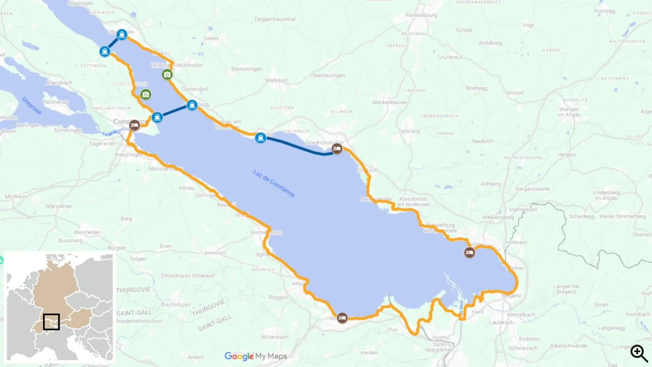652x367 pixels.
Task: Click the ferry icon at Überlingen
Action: tap(122, 35)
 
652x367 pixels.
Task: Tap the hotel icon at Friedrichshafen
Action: tap(337, 148)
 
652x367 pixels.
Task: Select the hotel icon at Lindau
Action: tap(469, 252)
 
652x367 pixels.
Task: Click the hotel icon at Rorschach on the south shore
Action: tap(342, 318)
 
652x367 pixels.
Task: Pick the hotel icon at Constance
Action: tap(134, 125)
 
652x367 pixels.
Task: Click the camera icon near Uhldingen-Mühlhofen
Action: tap(167, 74)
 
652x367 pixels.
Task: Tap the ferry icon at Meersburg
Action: tap(192, 105)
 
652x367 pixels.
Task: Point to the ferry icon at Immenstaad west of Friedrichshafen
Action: tap(260, 138)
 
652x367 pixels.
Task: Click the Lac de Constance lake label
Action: tap(274, 183)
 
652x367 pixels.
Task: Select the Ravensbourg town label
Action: tap(421, 15)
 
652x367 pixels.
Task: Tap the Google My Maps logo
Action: tap(256, 356)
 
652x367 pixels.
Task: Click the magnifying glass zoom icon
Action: tap(639, 353)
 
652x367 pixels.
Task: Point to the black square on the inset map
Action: tap(51, 322)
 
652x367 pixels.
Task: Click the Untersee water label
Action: tap(32, 106)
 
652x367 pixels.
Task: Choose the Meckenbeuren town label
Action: tap(390, 102)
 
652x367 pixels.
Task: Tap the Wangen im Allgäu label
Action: tap(569, 112)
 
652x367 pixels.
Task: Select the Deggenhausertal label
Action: tap(275, 19)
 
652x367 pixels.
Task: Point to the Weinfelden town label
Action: tap(87, 232)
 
